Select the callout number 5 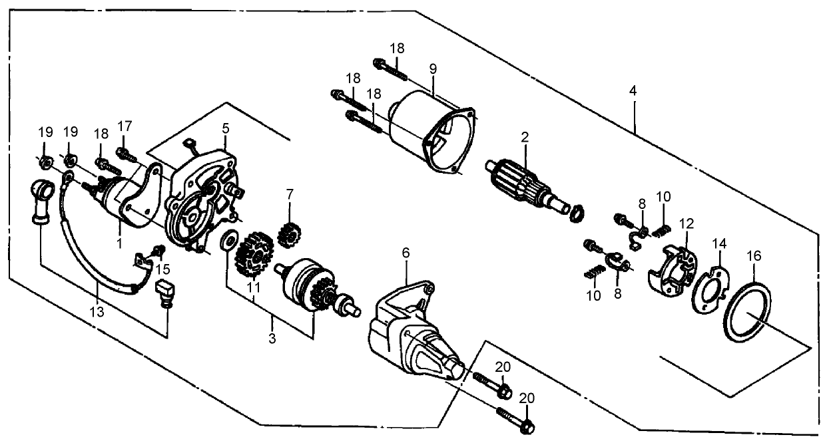click(226, 126)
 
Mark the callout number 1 click(120, 243)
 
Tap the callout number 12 click(687, 222)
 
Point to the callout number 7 click(289, 194)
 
